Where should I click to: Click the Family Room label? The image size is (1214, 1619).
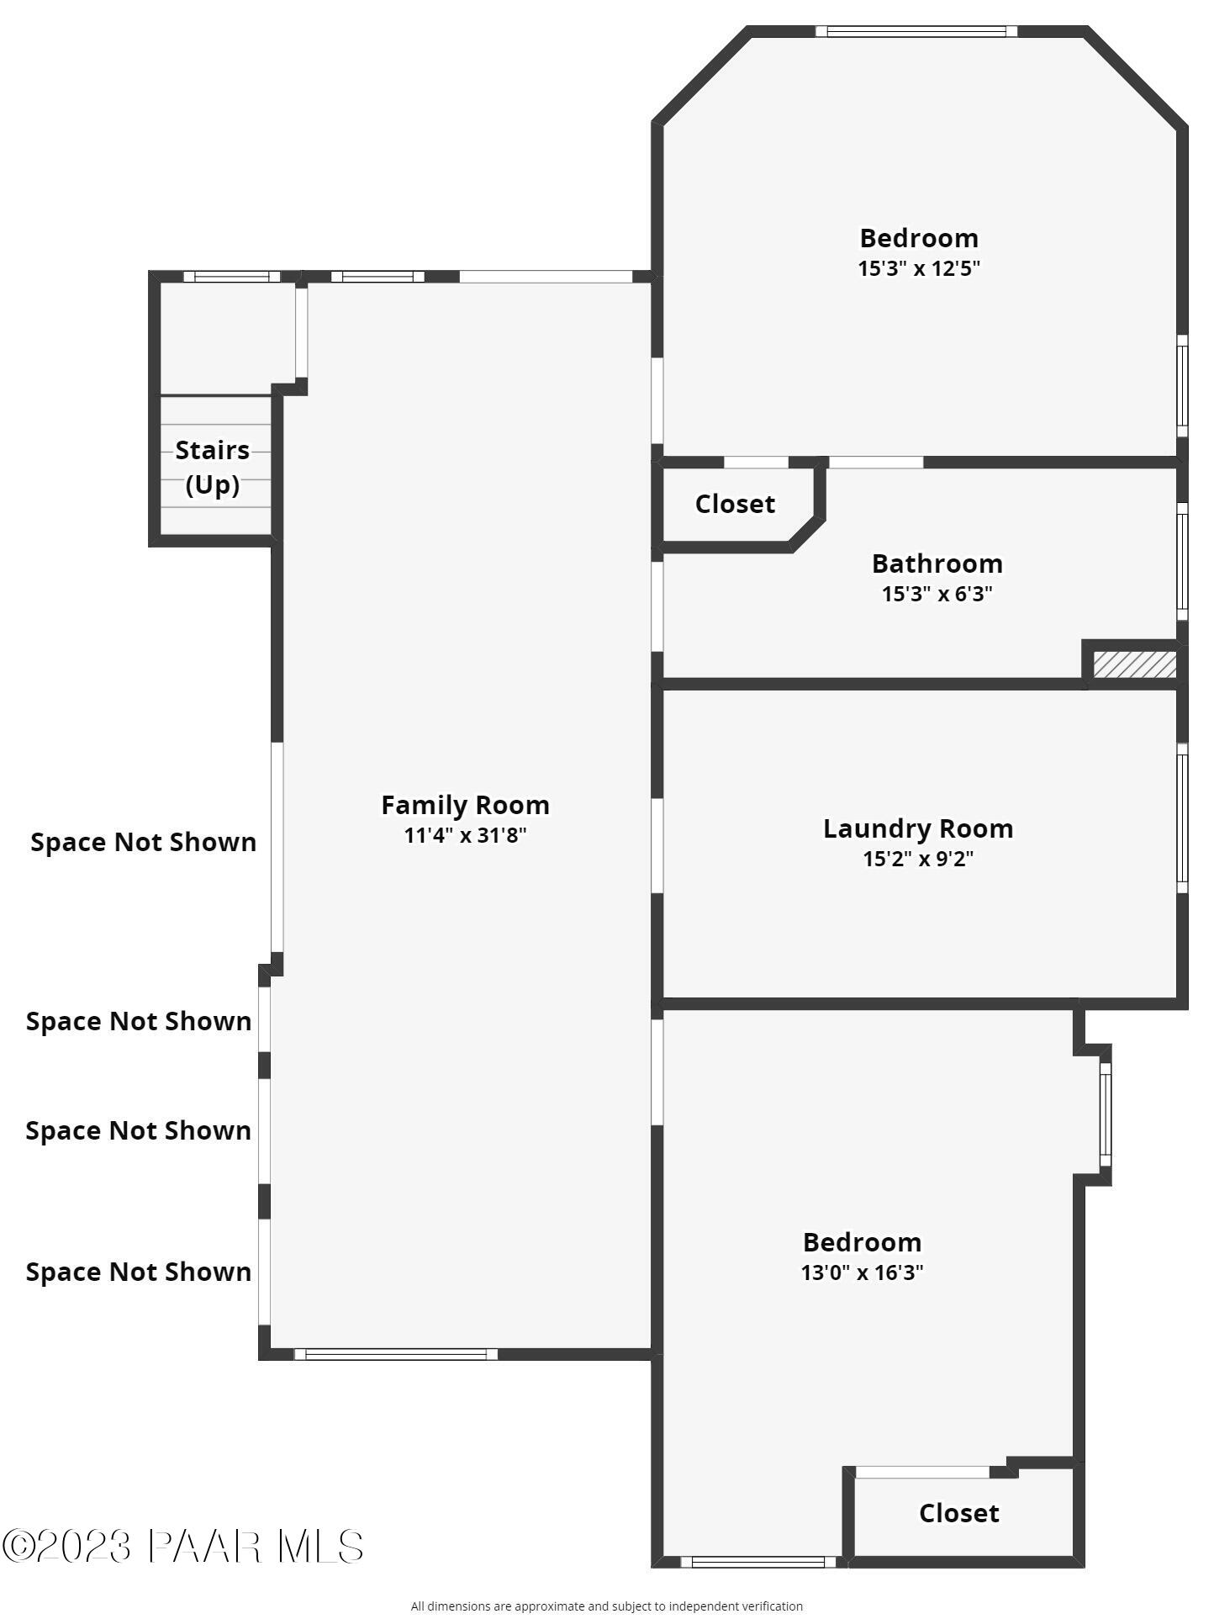465,805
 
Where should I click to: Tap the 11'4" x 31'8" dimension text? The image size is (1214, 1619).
465,835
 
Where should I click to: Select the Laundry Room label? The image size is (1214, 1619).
917,828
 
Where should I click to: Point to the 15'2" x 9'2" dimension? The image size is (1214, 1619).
917,859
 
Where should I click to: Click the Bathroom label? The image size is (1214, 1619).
937,563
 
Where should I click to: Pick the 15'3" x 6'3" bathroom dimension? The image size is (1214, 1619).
937,594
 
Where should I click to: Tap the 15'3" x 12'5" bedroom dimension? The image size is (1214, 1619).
918,268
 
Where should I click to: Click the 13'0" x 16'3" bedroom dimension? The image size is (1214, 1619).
862,1272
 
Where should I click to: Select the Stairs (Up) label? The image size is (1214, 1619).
212,467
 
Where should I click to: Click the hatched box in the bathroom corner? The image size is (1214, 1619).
1134,664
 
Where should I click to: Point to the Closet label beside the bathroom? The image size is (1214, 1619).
735,504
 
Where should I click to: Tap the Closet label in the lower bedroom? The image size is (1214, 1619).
958,1513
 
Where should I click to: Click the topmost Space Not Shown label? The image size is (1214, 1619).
143,842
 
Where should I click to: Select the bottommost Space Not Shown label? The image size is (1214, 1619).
138,1272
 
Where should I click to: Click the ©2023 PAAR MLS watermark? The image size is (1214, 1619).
182,1546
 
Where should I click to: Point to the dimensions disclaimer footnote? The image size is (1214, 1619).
606,1606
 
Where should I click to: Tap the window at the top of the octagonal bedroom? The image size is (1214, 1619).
916,32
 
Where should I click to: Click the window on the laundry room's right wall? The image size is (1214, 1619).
1181,817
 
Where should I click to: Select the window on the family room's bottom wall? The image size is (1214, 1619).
395,1354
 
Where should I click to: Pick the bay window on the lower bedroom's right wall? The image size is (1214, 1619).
1106,1114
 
